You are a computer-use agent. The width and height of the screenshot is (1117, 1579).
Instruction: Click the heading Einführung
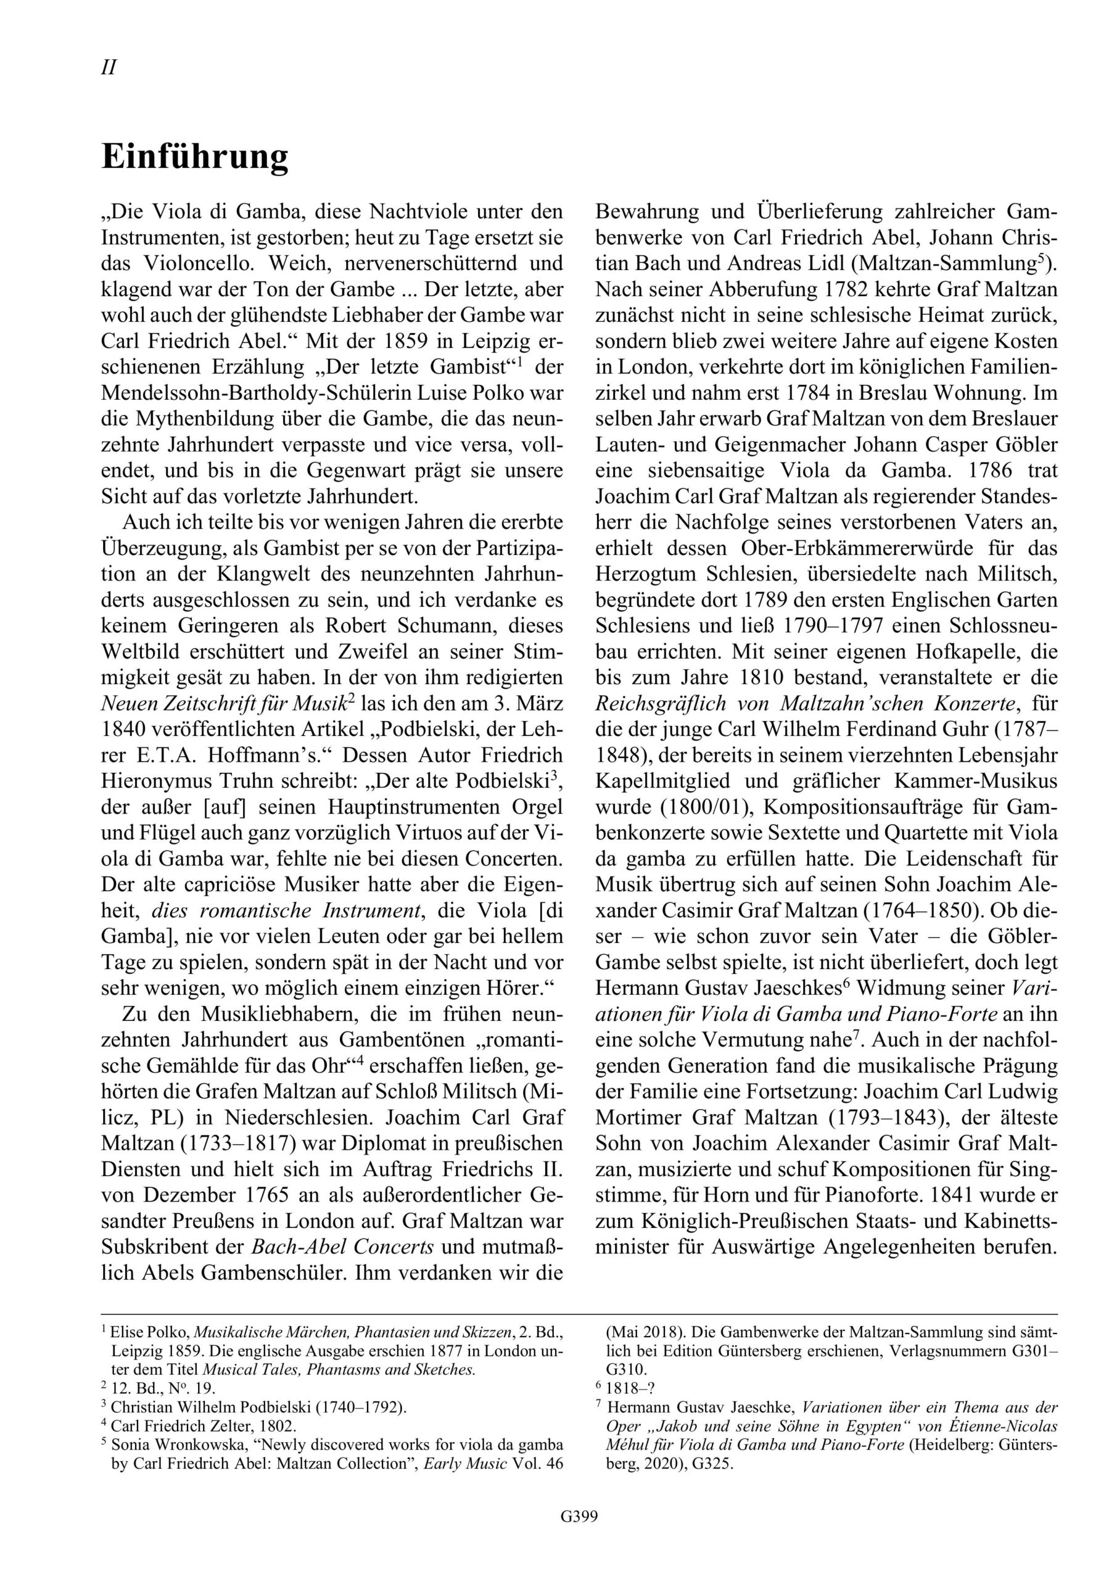[195, 157]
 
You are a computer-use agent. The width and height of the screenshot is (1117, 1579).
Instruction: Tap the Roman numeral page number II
[109, 67]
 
